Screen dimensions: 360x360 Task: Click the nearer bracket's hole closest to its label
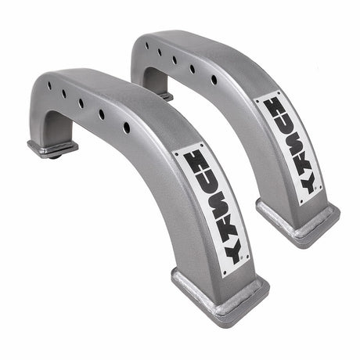click(x=127, y=127)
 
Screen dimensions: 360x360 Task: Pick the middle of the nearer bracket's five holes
click(x=81, y=103)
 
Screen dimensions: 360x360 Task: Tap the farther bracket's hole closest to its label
click(x=214, y=79)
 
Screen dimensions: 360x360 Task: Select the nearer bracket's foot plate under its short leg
click(x=52, y=147)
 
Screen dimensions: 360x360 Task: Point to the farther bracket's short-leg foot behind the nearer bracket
click(x=165, y=96)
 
